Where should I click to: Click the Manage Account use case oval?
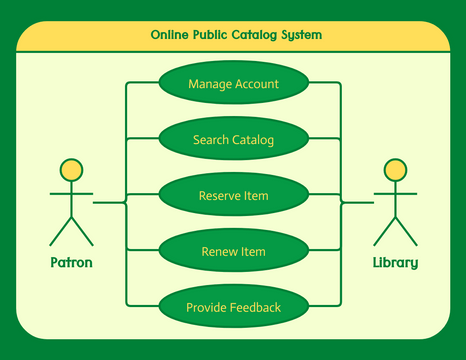pyautogui.click(x=233, y=84)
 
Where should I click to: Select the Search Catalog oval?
pyautogui.click(x=233, y=140)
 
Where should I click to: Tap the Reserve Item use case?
pyautogui.click(x=233, y=196)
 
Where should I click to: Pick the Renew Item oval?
pyautogui.click(x=233, y=252)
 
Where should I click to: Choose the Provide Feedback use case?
pyautogui.click(x=233, y=308)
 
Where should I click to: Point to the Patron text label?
pyautogui.click(x=71, y=264)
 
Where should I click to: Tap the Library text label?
pyautogui.click(x=395, y=264)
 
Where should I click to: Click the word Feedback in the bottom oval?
pyautogui.click(x=254, y=308)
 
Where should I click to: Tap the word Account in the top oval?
pyautogui.click(x=256, y=84)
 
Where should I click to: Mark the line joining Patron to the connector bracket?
pyautogui.click(x=108, y=203)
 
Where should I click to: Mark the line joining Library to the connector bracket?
pyautogui.click(x=359, y=203)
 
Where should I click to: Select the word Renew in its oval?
pyautogui.click(x=220, y=252)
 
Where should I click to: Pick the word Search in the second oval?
pyautogui.click(x=211, y=140)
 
